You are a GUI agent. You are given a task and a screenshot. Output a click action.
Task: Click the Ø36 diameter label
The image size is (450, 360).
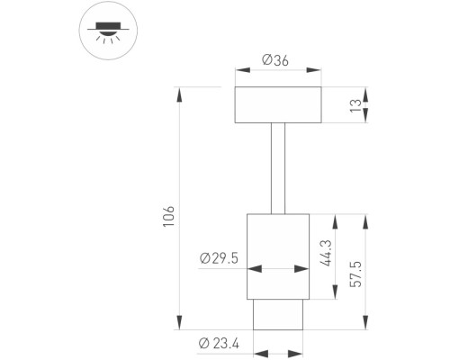275,60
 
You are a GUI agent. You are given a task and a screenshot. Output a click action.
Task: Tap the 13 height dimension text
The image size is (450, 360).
355,105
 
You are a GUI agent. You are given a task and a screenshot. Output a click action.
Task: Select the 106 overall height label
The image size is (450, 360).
168,216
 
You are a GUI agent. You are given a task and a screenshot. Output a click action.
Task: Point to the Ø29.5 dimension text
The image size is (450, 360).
219,258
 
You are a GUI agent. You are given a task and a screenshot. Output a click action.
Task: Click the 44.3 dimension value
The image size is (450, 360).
326,253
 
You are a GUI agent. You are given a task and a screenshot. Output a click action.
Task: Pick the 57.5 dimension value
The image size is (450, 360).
356,274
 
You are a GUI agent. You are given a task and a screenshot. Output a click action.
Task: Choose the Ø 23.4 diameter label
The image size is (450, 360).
219,343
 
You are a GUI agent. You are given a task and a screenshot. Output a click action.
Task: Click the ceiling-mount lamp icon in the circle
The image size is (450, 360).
108,32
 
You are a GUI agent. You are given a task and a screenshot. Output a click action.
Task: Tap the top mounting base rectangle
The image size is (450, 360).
278,105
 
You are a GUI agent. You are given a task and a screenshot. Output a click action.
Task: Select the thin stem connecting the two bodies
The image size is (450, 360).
278,168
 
